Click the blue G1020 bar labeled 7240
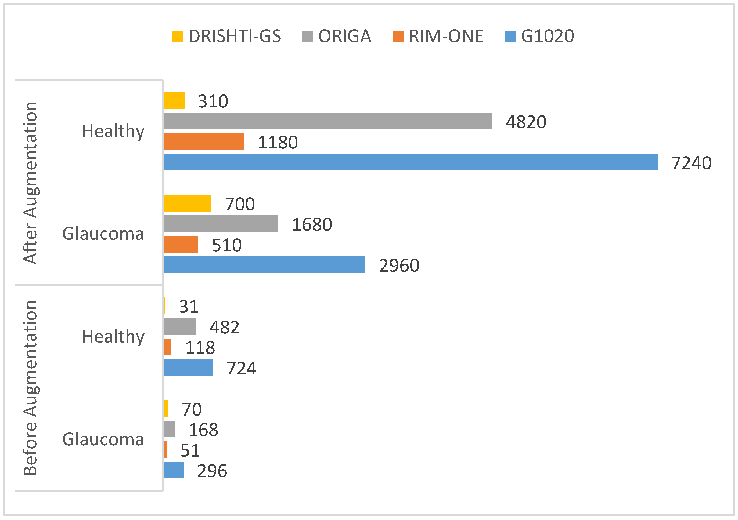[411, 162]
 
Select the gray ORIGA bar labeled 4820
[328, 121]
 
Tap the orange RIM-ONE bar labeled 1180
[204, 142]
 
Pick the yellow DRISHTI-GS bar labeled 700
[188, 203]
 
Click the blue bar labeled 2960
[265, 265]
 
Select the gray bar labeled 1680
[221, 224]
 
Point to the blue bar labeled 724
[188, 368]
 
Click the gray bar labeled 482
[180, 326]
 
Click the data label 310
[213, 101]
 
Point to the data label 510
[226, 245]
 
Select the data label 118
[200, 348]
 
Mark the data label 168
[203, 430]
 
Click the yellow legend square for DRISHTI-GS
[177, 37]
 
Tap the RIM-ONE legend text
[446, 36]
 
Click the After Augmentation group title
[31, 183]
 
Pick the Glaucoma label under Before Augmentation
[103, 439]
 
